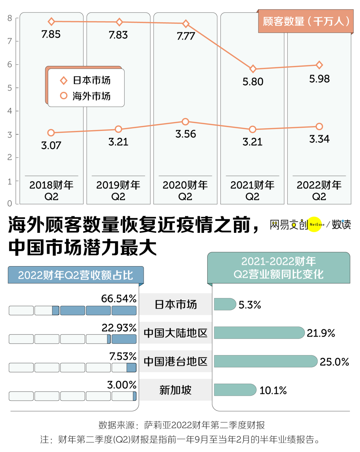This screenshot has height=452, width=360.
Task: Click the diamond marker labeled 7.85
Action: [x=51, y=22]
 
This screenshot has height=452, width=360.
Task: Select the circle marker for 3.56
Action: [x=186, y=122]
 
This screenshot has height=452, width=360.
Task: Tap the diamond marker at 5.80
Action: [x=253, y=69]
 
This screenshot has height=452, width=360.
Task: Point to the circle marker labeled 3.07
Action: [x=51, y=133]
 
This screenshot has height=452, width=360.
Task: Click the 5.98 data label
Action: [x=319, y=79]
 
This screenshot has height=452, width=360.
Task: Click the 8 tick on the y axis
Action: [x=10, y=18]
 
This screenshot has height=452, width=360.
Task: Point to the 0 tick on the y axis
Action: [x=10, y=203]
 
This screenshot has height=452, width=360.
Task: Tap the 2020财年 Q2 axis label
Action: [x=185, y=191]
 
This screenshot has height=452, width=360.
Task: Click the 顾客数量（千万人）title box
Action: [x=306, y=21]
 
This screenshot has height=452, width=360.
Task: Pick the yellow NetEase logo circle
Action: [x=314, y=224]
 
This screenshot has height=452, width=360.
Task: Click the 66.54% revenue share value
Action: [x=119, y=299]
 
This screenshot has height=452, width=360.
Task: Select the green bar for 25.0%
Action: [x=265, y=361]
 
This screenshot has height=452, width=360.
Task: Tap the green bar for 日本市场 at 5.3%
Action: [x=225, y=304]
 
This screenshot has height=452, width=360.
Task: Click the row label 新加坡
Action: [x=175, y=390]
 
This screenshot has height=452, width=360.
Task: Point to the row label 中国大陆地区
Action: [x=175, y=333]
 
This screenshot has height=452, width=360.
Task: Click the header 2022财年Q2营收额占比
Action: [x=76, y=275]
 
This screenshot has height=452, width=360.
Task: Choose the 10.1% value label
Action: [x=273, y=390]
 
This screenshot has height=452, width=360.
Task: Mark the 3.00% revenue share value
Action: [x=122, y=385]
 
